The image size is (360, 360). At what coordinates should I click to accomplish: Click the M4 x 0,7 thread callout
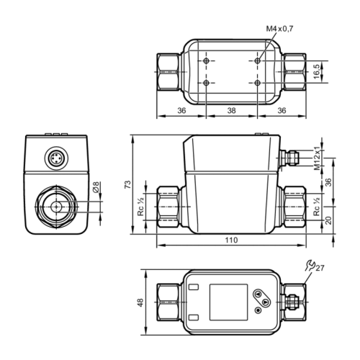279,29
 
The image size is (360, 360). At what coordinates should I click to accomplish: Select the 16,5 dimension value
317,71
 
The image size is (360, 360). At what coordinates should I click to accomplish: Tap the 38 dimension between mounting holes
231,110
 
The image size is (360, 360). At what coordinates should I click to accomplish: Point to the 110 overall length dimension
231,240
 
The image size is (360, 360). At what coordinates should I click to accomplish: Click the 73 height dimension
128,184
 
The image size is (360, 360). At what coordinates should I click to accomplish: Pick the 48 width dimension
140,302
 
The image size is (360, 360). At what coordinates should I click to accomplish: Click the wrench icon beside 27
310,266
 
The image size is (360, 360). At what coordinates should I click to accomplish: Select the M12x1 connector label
318,158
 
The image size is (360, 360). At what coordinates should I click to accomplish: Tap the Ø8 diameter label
96,187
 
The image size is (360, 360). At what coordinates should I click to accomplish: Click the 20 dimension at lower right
328,220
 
